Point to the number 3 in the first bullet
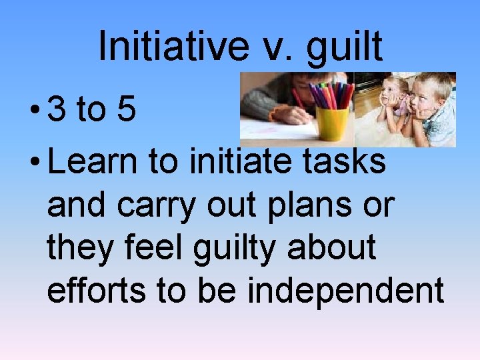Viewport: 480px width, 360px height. point(57,111)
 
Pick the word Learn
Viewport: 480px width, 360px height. point(89,163)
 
